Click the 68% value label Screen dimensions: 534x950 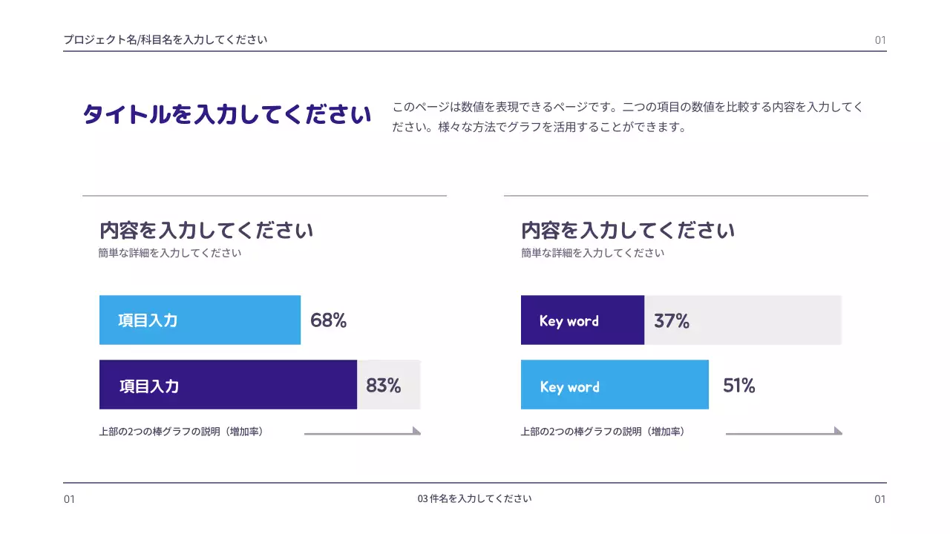point(328,320)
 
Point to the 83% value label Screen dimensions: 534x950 point(383,386)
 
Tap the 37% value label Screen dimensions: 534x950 point(672,321)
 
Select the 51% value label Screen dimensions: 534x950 point(738,386)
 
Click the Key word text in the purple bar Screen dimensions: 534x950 point(569,321)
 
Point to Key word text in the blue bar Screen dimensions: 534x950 point(569,386)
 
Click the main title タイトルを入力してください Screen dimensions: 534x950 point(227,115)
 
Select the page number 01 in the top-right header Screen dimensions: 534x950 point(880,40)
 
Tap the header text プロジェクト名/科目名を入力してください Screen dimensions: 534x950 point(165,40)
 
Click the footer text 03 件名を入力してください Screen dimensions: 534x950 point(475,498)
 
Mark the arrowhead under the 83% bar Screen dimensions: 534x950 point(416,431)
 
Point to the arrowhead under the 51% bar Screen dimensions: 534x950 point(838,431)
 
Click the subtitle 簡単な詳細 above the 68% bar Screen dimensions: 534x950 point(170,253)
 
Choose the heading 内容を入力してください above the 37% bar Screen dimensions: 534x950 point(628,230)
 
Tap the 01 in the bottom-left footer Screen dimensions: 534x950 point(69,499)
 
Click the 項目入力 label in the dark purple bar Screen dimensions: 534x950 point(148,386)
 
